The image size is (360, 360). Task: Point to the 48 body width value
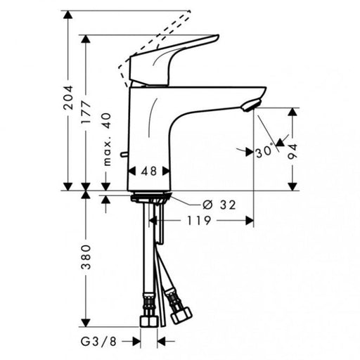pos(148,170)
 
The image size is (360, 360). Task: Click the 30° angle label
pos(264,150)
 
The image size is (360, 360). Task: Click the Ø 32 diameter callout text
pos(218,205)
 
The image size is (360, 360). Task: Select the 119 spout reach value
pos(199,219)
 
